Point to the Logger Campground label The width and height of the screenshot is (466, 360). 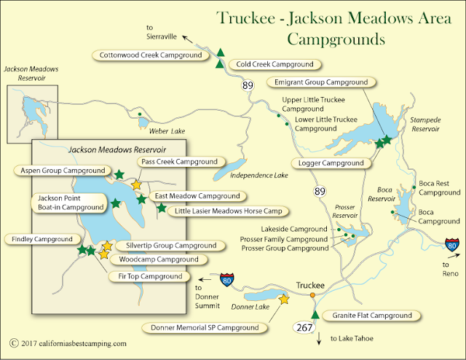pos(327,163)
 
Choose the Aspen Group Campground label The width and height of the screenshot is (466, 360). pos(60,170)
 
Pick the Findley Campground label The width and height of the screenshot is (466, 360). pos(42,238)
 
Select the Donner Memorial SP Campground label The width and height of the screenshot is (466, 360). pos(205,328)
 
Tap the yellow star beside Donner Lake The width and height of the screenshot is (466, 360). pos(284,299)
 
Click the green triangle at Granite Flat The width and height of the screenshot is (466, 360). pos(315,314)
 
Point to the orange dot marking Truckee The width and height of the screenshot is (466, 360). pos(312,295)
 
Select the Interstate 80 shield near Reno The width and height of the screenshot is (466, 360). pos(452,245)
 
